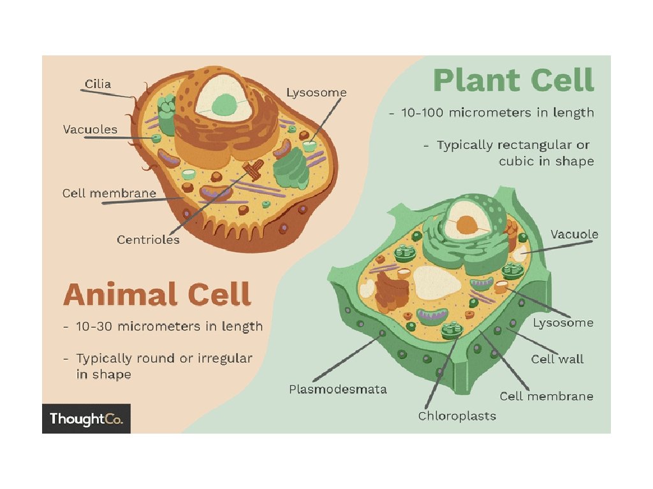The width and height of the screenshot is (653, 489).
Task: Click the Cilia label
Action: tap(98, 84)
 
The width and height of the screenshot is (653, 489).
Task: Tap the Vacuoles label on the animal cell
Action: tap(90, 129)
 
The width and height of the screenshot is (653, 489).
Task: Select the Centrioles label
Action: tap(148, 240)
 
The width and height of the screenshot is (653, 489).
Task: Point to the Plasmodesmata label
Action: tap(337, 389)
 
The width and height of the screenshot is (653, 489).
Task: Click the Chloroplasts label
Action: tap(457, 416)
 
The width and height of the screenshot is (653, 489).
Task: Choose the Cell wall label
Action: tap(557, 359)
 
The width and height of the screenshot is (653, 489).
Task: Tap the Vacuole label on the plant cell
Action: tap(574, 234)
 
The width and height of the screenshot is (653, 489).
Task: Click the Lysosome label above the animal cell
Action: tap(316, 93)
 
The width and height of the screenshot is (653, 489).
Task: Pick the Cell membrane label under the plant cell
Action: tap(546, 396)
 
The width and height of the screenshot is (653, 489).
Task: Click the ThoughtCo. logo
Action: tap(86, 419)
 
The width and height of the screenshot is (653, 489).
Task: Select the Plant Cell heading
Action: tap(513, 81)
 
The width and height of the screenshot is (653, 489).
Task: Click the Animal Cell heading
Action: tap(157, 295)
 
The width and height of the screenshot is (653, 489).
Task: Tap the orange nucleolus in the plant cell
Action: tap(467, 224)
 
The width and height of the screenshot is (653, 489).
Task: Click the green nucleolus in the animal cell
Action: tap(223, 103)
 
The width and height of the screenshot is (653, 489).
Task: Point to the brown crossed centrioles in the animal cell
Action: tap(253, 169)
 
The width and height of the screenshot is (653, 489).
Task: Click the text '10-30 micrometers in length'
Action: tap(168, 327)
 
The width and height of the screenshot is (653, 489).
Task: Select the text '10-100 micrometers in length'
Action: tap(497, 113)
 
